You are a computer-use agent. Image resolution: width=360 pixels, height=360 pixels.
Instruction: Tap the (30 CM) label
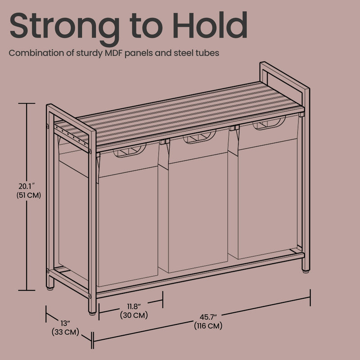pyautogui.click(x=134, y=315)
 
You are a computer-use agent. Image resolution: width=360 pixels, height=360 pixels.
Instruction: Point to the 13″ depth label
pyautogui.click(x=66, y=324)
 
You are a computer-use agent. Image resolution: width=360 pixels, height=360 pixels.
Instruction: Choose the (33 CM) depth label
pyautogui.click(x=66, y=333)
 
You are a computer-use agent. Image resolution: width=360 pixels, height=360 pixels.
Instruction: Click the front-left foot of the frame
pyautogui.click(x=92, y=310)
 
